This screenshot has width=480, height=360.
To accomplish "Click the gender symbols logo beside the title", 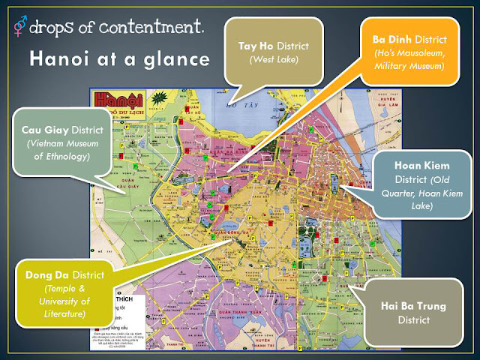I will click(x=19, y=28).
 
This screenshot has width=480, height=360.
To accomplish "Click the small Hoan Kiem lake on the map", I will click(x=334, y=180).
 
